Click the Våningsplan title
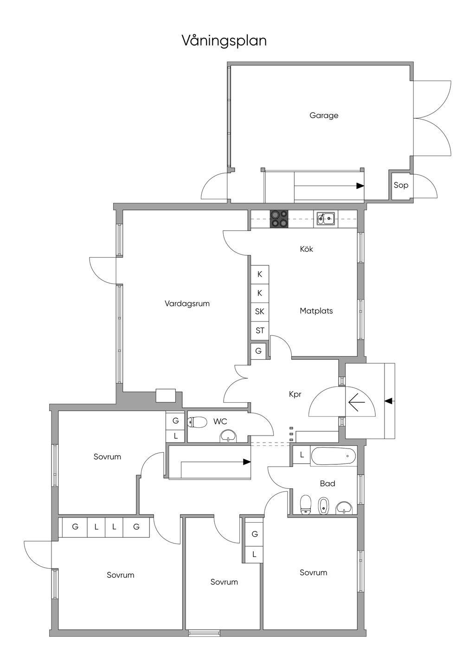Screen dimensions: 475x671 point(224,41)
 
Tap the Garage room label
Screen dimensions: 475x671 point(324,115)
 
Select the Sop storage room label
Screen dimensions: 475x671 point(401,185)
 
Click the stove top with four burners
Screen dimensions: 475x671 point(279,219)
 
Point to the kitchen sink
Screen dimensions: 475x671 point(326,218)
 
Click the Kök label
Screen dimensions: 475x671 point(307,249)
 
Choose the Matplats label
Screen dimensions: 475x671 point(316,311)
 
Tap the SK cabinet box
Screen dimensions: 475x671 point(260,311)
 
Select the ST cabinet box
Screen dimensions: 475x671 point(260,330)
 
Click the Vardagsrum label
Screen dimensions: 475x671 point(187,304)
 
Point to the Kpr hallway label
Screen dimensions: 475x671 point(295,394)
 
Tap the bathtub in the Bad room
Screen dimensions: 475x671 point(334,456)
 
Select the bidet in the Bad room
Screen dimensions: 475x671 point(324,506)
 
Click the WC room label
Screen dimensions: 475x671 point(220,422)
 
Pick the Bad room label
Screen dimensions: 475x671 point(327,483)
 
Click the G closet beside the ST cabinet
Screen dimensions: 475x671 point(258,351)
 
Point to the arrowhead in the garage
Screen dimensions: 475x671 point(360,186)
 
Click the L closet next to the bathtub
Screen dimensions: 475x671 point(302,455)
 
